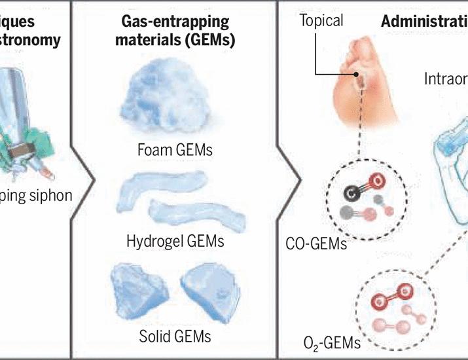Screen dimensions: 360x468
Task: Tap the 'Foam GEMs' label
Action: (x=175, y=151)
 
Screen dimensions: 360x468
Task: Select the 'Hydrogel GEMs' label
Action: (x=175, y=241)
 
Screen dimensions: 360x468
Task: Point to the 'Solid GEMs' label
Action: (x=175, y=336)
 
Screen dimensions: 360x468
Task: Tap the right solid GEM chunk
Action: (x=209, y=287)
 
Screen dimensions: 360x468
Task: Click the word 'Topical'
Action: (x=321, y=21)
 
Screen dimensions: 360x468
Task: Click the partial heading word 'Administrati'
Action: (x=424, y=21)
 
